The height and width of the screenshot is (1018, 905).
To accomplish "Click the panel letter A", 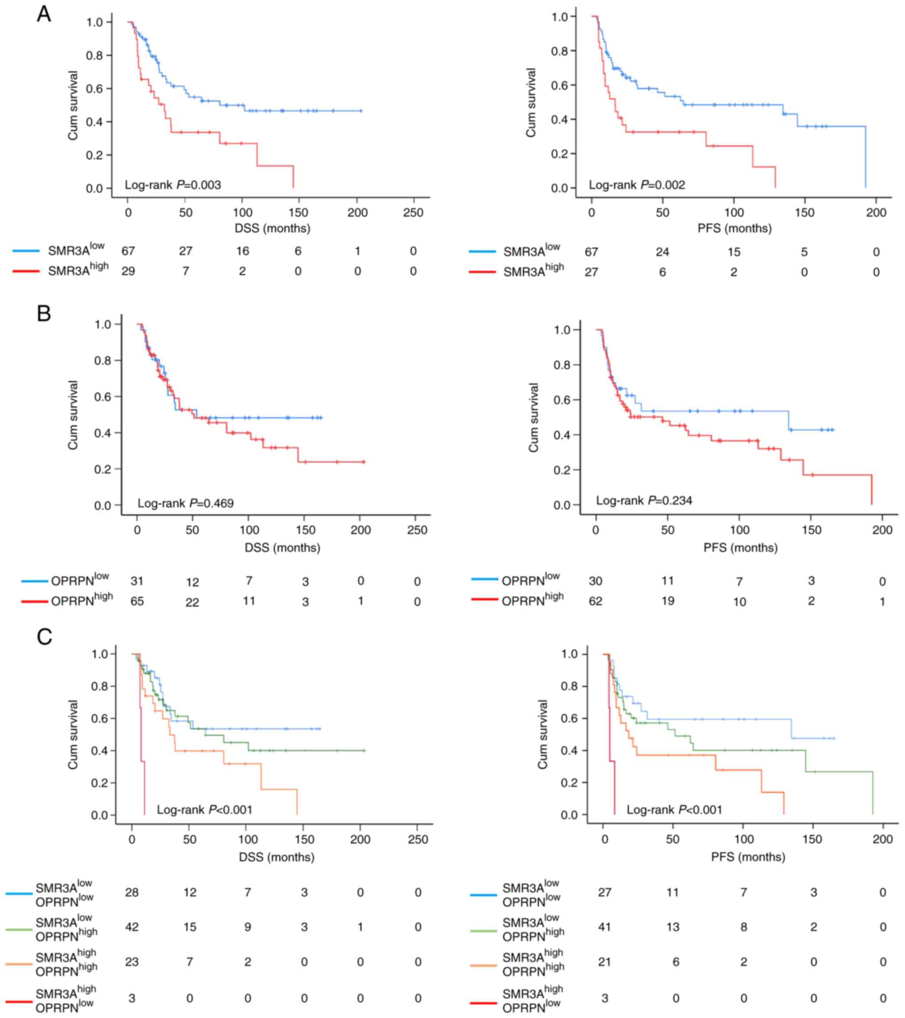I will [44, 14].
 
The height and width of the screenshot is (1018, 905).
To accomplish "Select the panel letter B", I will [44, 314].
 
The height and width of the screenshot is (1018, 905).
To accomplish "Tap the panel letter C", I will [44, 637].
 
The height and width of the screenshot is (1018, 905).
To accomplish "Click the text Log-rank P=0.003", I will [173, 185].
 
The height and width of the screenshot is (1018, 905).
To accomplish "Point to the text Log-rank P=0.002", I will [637, 185].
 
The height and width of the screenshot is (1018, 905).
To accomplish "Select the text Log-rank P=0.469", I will [186, 503].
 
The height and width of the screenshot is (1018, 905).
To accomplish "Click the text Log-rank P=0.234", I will [644, 500].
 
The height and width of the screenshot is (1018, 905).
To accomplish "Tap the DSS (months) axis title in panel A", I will [272, 229].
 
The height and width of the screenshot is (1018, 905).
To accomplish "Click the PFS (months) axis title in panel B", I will [740, 548].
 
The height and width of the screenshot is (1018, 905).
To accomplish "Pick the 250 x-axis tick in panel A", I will [413, 213].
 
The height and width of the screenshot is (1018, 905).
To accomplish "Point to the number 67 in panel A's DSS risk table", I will [128, 251].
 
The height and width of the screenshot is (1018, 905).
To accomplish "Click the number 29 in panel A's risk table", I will [128, 271].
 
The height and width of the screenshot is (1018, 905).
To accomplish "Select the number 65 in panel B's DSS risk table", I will [137, 601].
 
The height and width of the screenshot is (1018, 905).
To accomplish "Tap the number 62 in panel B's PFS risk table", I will [595, 601].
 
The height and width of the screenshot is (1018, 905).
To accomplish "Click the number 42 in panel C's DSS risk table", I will [131, 927].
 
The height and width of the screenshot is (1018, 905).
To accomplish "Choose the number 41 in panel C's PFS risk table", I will [604, 927].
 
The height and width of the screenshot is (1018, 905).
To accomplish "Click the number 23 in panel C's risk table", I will [131, 962].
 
